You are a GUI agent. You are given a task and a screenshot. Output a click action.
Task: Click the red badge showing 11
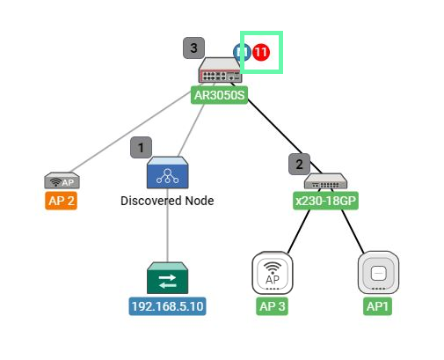[x=261, y=52]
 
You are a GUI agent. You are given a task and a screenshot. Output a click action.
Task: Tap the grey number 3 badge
[x=193, y=48]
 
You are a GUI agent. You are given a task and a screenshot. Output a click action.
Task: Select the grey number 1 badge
[x=141, y=147]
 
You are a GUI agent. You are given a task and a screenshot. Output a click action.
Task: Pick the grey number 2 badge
[x=299, y=164]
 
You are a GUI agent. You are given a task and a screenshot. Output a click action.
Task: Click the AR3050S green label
[x=219, y=95]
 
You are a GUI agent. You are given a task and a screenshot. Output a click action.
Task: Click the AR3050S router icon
[x=221, y=70]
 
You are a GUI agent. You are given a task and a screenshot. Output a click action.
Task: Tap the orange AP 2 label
[x=61, y=201]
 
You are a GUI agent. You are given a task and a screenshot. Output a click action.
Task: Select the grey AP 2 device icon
[x=62, y=180]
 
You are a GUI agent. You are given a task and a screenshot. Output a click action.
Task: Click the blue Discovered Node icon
[x=167, y=173]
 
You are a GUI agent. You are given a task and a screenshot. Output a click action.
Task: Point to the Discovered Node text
[x=167, y=201]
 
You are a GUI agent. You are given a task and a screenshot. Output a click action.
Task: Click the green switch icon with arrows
[x=167, y=278]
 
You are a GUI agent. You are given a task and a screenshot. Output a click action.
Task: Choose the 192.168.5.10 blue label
[x=167, y=306]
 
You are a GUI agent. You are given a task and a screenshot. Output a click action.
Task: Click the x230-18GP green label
[x=325, y=201]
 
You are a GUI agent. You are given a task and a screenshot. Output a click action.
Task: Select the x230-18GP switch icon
[x=325, y=181]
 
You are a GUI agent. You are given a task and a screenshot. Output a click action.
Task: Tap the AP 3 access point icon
[x=273, y=273]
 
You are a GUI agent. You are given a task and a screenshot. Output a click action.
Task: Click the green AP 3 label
[x=272, y=306]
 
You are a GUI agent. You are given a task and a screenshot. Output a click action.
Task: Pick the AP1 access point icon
[x=378, y=273]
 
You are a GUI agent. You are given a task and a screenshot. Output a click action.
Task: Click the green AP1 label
[x=377, y=306]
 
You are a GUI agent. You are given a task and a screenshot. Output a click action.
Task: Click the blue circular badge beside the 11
[x=242, y=52]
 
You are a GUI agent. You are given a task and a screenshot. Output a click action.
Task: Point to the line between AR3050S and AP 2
[x=131, y=132]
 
